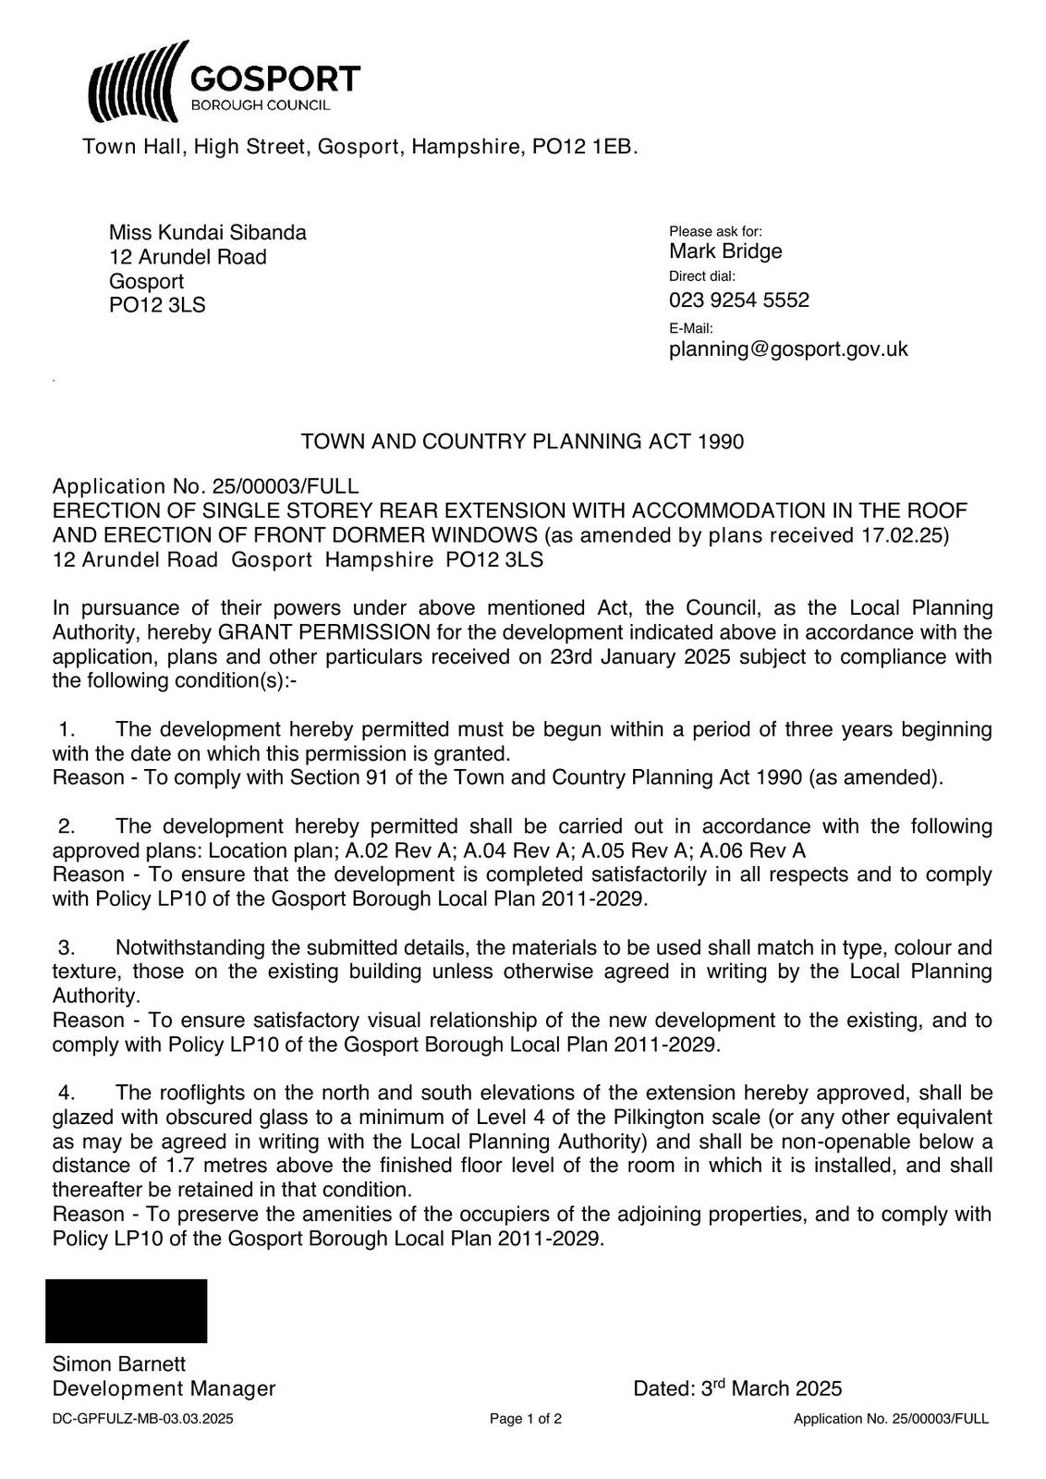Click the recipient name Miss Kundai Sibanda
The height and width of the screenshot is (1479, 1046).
click(x=207, y=232)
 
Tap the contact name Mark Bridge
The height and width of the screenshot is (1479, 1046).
click(x=725, y=251)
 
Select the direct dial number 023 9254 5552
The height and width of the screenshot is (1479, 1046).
click(x=738, y=300)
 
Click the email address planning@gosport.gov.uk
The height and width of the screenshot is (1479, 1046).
click(x=788, y=349)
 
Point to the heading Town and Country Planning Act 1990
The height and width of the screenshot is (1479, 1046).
click(x=522, y=442)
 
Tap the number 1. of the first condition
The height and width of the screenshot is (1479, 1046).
click(x=67, y=729)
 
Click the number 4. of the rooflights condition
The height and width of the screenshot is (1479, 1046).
click(x=67, y=1094)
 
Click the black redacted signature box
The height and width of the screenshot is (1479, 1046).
click(x=126, y=1311)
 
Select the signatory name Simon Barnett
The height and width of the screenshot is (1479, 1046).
click(x=119, y=1364)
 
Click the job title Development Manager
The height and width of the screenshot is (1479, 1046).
click(x=164, y=1388)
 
